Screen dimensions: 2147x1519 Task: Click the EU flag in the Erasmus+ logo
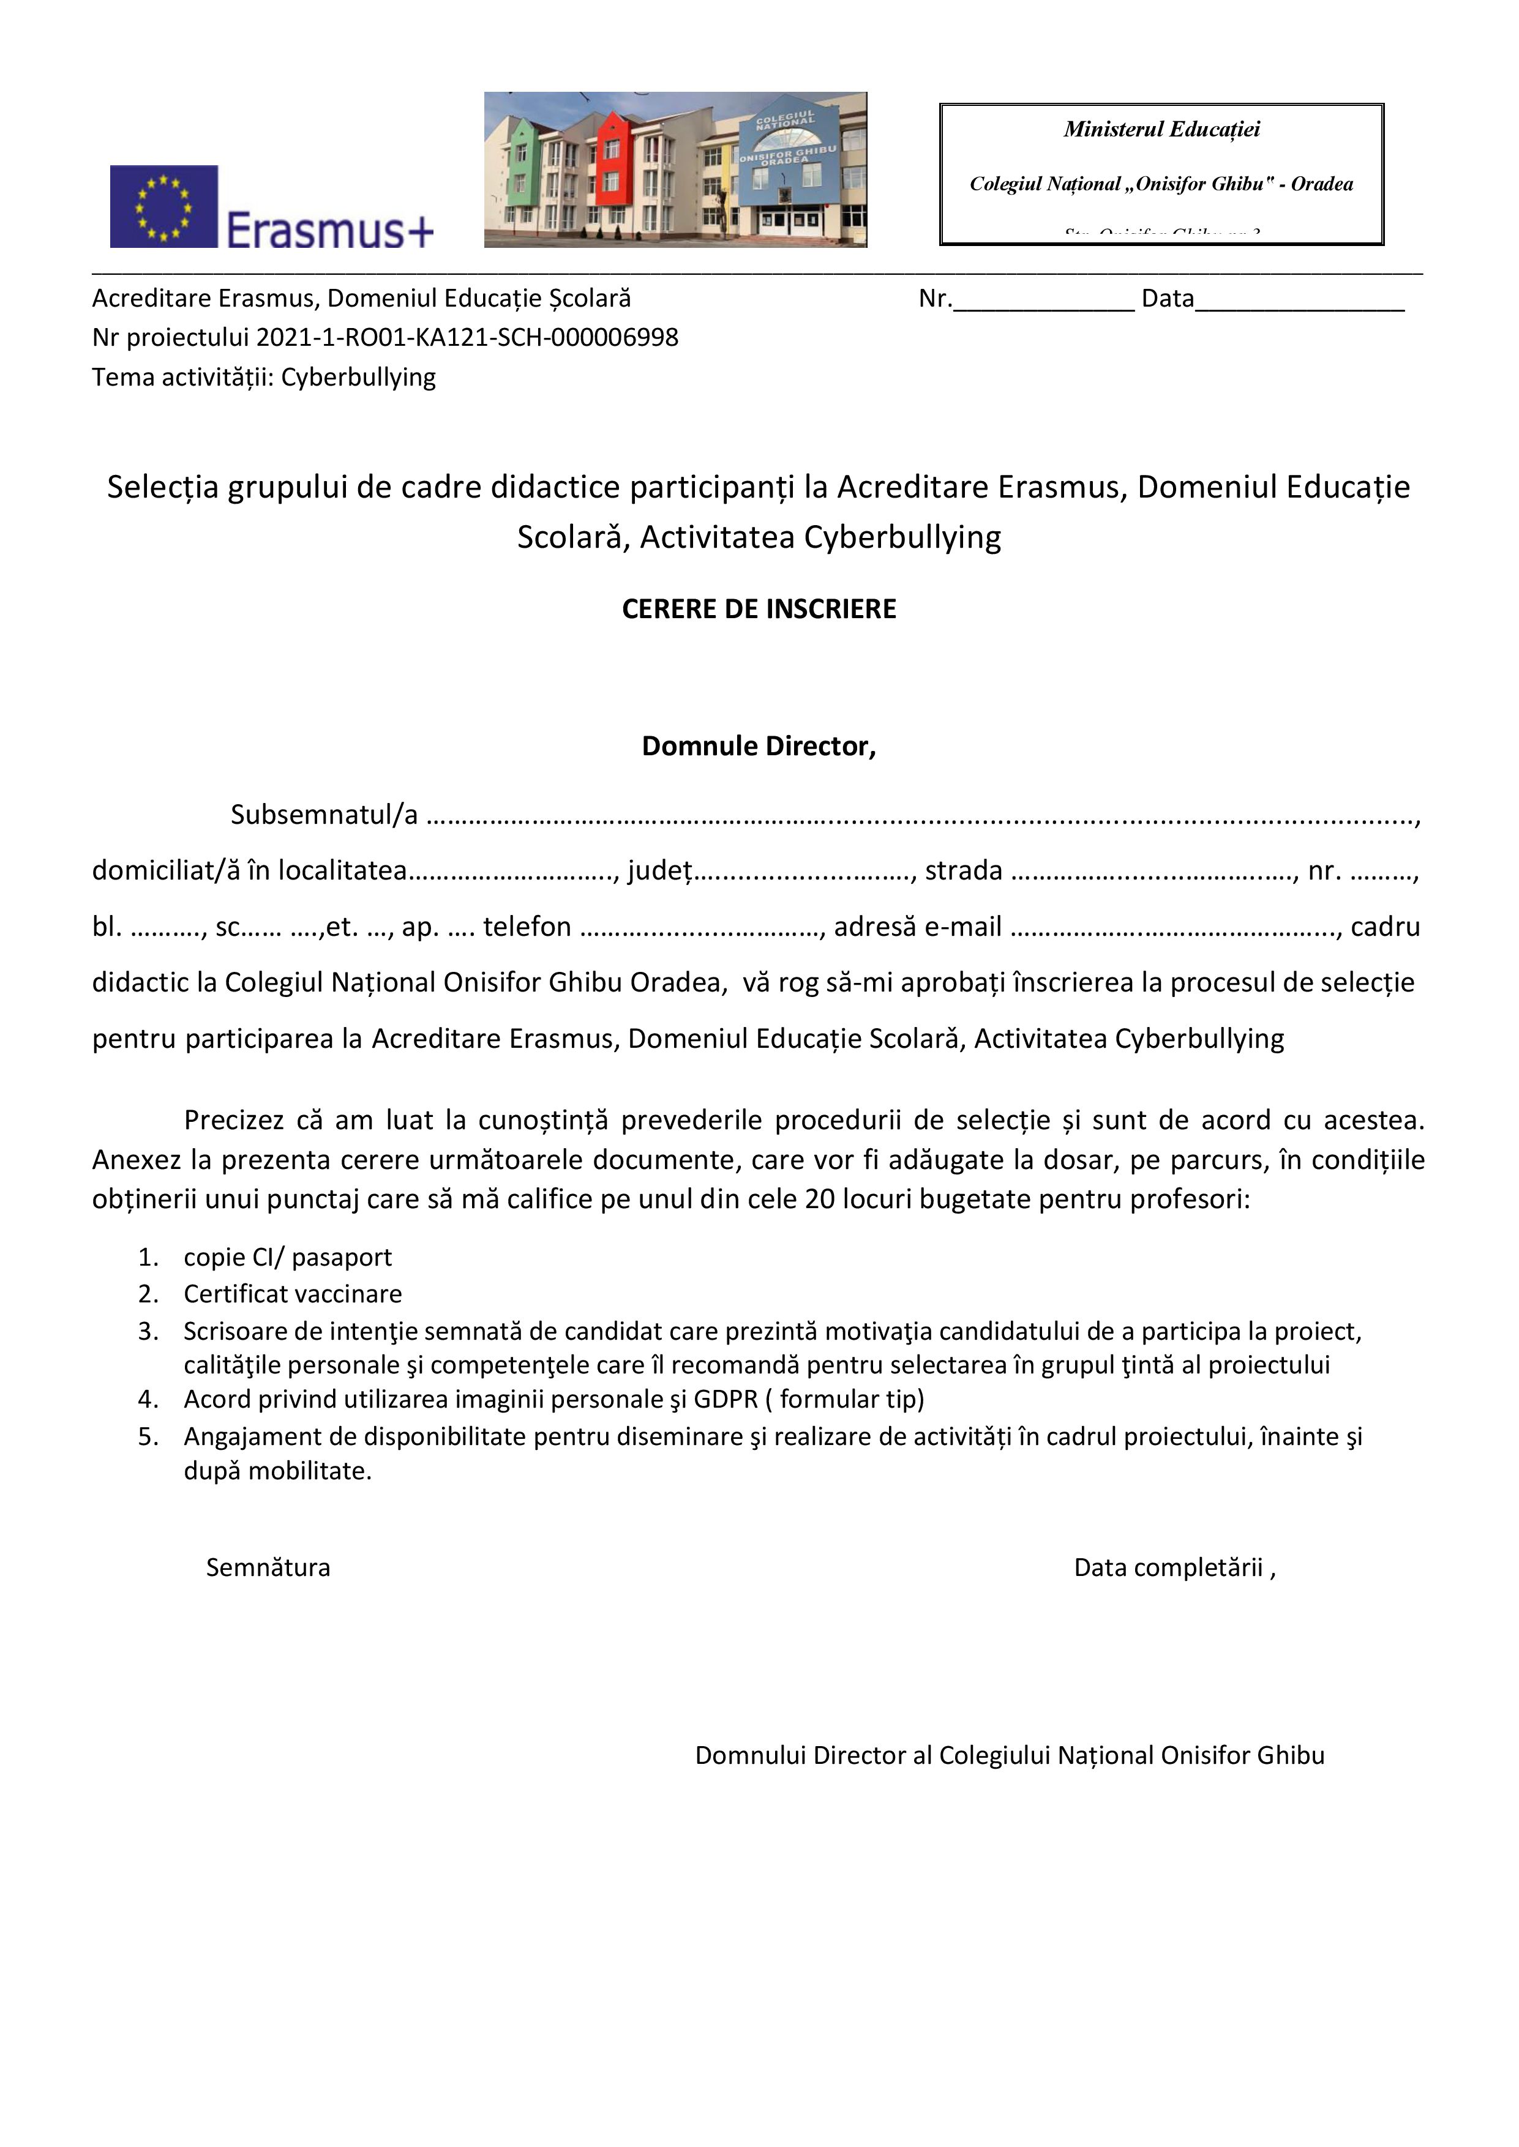163,207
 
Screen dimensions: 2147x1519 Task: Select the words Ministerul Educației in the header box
1161,130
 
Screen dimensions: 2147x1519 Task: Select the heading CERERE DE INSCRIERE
759,610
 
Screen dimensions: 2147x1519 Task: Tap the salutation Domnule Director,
759,746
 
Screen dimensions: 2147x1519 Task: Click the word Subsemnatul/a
324,815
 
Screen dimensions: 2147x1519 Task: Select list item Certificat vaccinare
293,1294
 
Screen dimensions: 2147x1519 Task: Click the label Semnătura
268,1568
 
